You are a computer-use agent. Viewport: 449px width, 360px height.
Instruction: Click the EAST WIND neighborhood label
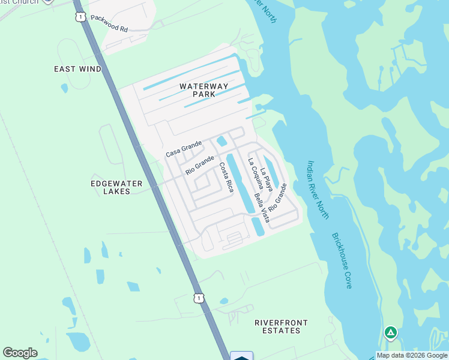click(x=78, y=69)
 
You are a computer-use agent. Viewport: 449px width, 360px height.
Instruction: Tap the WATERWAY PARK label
click(x=204, y=90)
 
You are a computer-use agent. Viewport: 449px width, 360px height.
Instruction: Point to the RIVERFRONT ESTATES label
click(x=281, y=326)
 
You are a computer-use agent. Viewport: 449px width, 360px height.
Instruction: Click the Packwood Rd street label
click(x=109, y=23)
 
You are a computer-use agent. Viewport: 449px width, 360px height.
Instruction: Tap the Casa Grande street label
click(x=184, y=149)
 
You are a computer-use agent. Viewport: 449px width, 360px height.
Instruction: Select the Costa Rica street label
click(x=226, y=178)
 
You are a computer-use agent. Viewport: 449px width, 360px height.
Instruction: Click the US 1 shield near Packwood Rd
click(x=80, y=17)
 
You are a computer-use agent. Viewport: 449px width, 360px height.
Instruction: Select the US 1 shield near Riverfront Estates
click(x=199, y=298)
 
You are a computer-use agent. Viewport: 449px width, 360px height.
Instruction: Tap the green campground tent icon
click(x=390, y=332)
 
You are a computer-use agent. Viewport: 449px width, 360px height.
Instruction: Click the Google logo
click(x=20, y=353)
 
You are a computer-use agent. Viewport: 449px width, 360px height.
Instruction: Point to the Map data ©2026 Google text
click(x=412, y=355)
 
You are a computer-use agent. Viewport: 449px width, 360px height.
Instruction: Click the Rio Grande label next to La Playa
click(x=277, y=197)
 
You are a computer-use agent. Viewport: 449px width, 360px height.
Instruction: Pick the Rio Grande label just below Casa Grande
click(x=200, y=165)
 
